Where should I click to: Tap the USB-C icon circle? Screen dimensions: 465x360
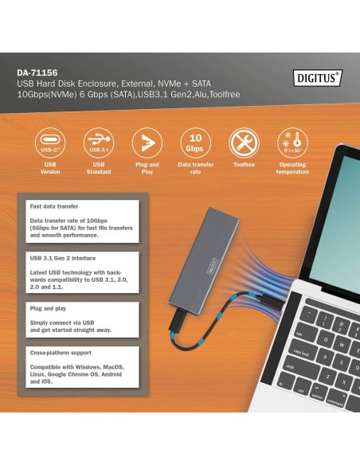pos(49,143)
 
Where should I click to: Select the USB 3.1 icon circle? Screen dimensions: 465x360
pos(98,143)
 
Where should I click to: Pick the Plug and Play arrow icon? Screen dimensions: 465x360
pos(147,143)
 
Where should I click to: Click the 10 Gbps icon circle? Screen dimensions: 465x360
pos(195,143)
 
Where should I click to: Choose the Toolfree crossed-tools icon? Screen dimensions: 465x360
pos(244,143)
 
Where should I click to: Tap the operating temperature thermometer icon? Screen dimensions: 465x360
pos(292,143)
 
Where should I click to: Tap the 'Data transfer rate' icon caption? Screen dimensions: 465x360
pos(195,168)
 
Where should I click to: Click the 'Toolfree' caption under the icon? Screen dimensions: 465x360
pos(244,165)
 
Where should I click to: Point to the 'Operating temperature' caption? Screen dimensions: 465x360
pos(292,168)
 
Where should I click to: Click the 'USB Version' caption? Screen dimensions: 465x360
pos(49,168)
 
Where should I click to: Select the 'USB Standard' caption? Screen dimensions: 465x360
pos(98,168)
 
